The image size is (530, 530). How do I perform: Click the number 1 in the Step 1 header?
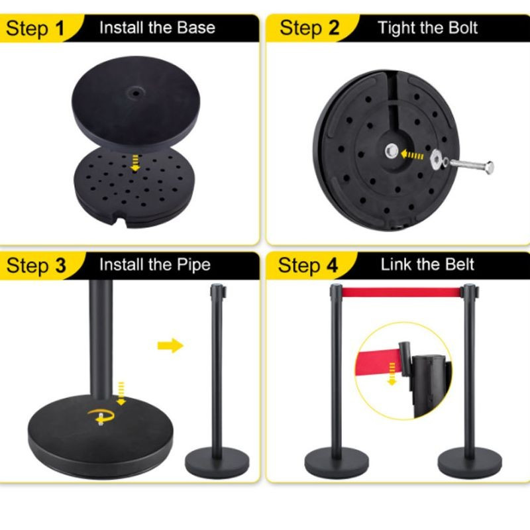(x=60, y=28)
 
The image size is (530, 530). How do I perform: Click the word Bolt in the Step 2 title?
(x=463, y=27)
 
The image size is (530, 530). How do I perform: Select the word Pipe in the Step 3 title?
(x=193, y=264)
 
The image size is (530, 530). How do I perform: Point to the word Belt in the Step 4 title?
(x=460, y=264)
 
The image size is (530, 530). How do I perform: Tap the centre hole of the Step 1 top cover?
(x=136, y=92)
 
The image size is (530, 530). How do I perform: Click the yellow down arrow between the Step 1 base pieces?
(x=135, y=162)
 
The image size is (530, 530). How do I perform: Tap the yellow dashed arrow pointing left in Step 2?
(x=411, y=155)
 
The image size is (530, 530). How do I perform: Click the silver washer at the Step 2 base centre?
(x=392, y=151)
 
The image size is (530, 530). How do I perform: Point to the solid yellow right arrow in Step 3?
(x=171, y=345)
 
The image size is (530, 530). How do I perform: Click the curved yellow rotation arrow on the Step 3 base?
(x=101, y=416)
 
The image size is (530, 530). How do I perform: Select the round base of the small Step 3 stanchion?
(x=217, y=462)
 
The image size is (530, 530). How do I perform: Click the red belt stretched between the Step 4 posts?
(x=401, y=293)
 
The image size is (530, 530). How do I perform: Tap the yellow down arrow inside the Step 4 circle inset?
(x=392, y=374)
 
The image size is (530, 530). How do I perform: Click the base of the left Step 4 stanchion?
(x=337, y=462)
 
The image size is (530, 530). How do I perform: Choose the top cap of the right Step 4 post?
(x=470, y=291)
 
